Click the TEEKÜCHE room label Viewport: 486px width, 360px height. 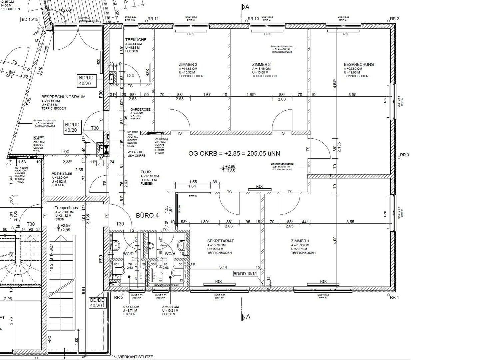pos(136,40)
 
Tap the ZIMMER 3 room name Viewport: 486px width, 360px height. pos(188,64)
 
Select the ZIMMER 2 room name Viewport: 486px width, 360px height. pos(261,64)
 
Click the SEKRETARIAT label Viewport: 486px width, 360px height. pos(221,241)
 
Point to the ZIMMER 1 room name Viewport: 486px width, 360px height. pos(300,241)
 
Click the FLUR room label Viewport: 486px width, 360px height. pos(146,172)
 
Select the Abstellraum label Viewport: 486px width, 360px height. pos(62,173)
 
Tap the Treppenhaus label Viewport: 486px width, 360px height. pos(66,208)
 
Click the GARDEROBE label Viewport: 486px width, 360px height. pos(140,109)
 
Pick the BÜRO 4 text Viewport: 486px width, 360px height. pos(147,215)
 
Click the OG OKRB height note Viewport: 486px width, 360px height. pos(234,153)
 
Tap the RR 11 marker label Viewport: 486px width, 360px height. pos(153,19)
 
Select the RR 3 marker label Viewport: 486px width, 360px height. pos(404,155)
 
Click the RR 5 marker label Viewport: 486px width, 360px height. pos(119,297)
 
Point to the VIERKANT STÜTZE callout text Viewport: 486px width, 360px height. pos(136,357)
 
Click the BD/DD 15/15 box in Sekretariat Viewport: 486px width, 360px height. pos(245,273)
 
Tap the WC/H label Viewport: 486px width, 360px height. pos(170,254)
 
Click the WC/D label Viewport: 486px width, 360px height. pos(128,254)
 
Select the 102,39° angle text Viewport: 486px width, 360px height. pos(65,10)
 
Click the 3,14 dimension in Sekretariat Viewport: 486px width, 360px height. pos(223,267)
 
